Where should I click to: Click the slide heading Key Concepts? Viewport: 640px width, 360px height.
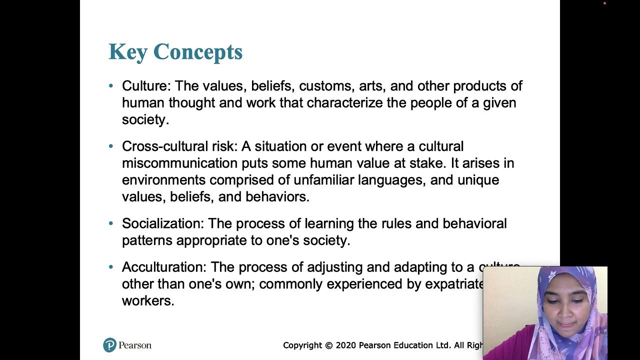pos(175,52)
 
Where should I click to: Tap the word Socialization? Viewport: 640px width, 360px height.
pos(163,223)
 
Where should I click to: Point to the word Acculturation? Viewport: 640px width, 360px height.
pos(164,267)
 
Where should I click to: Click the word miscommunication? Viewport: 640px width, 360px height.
pos(179,163)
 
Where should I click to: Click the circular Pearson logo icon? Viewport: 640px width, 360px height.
pos(109,345)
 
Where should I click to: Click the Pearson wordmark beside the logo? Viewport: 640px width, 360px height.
pos(135,345)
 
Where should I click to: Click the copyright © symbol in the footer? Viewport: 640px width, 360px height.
pos(328,345)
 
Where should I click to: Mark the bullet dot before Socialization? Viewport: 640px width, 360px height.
pos(111,223)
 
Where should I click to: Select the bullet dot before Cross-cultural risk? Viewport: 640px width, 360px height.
pos(111,146)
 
